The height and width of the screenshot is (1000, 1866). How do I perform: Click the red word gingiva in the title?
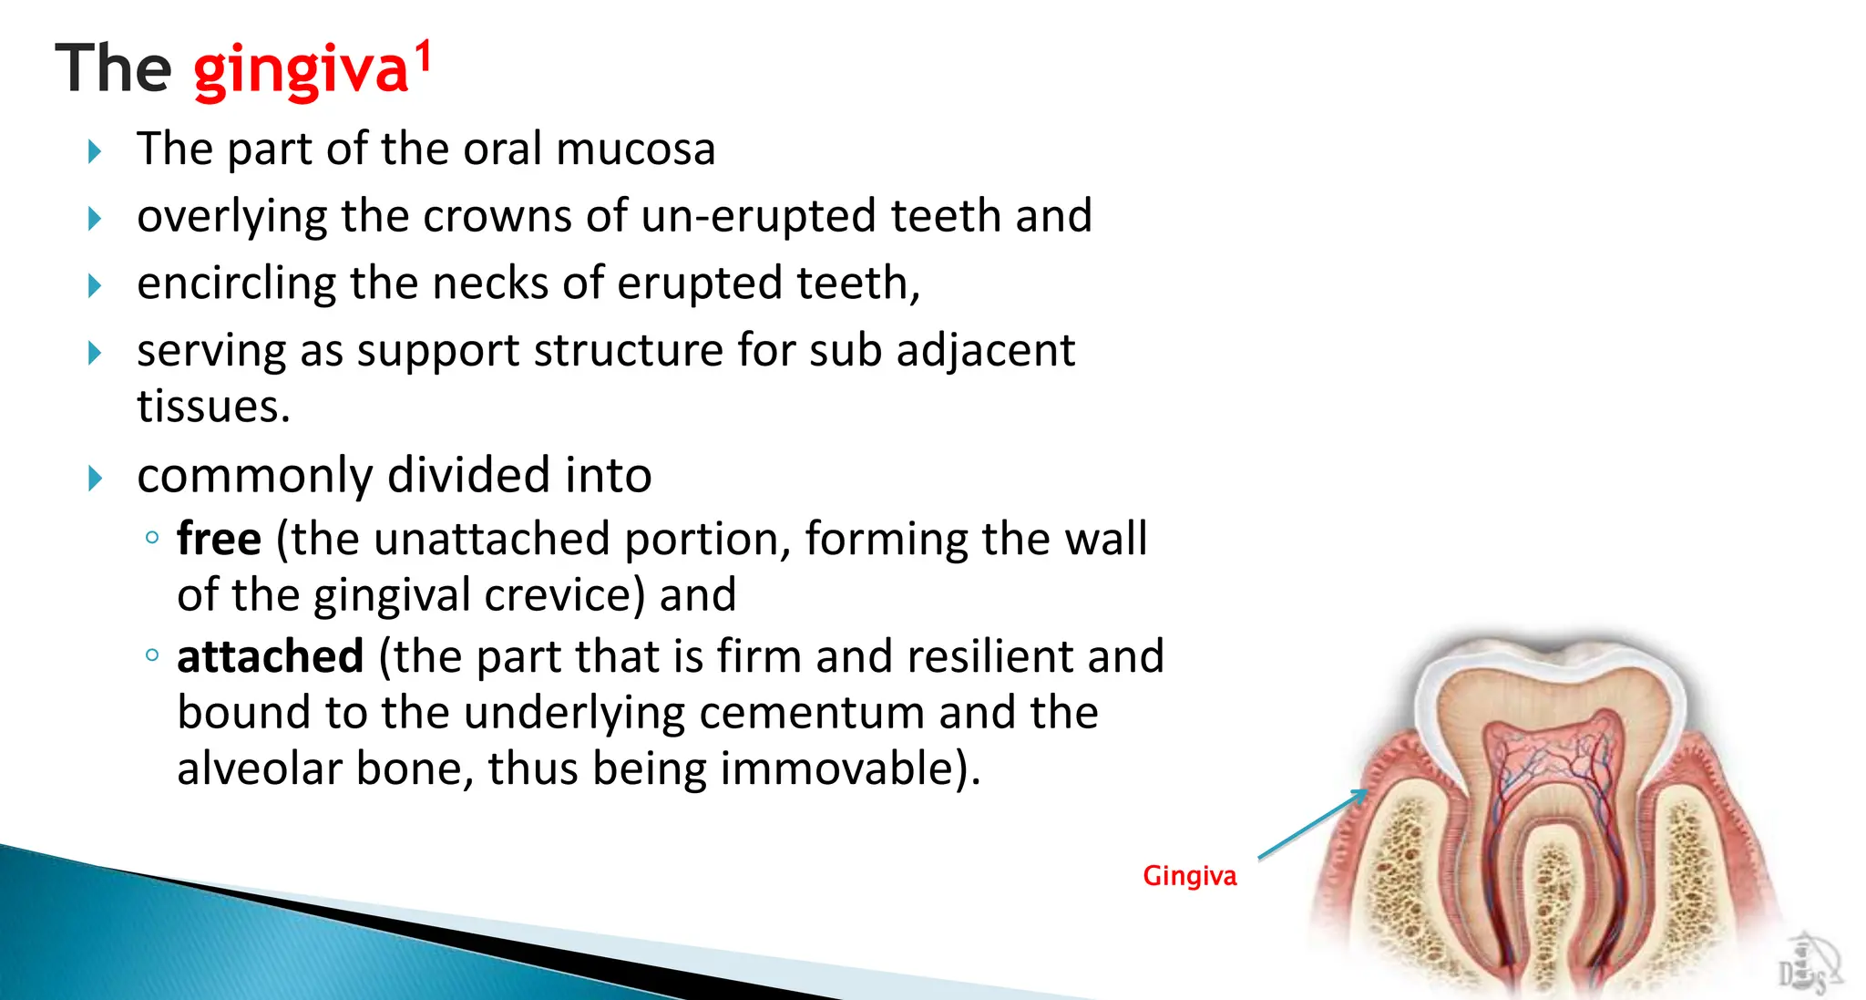pyautogui.click(x=300, y=71)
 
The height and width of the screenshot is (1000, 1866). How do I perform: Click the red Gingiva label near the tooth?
pyautogui.click(x=1189, y=876)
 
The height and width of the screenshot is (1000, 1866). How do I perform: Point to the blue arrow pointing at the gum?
pyautogui.click(x=1312, y=825)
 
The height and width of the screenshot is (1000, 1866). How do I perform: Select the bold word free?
pyautogui.click(x=219, y=539)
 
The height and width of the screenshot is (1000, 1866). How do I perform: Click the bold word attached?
pyautogui.click(x=270, y=656)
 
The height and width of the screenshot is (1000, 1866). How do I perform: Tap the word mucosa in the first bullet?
pyautogui.click(x=635, y=149)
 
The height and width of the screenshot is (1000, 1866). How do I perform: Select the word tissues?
pyautogui.click(x=212, y=407)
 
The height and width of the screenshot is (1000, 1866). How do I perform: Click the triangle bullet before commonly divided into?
pyautogui.click(x=95, y=478)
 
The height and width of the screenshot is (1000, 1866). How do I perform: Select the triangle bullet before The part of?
pyautogui.click(x=95, y=151)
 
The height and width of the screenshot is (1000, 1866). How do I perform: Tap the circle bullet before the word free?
pyautogui.click(x=152, y=538)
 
